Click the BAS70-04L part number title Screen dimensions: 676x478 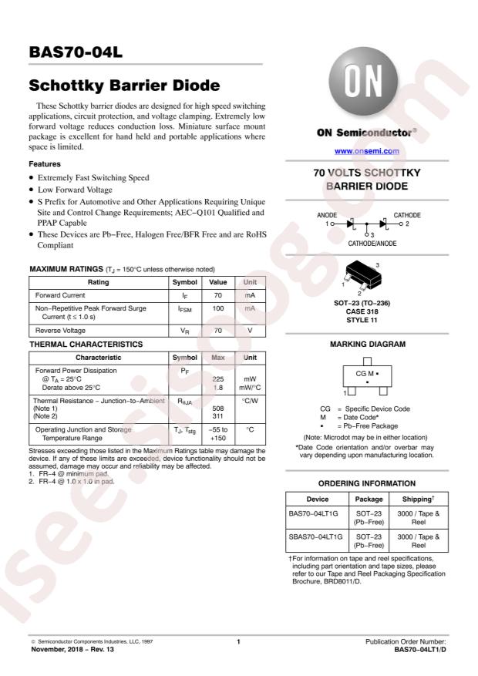click(x=76, y=52)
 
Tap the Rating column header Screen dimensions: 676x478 click(x=98, y=282)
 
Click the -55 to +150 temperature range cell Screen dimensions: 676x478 click(x=217, y=433)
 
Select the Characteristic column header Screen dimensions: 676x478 click(x=98, y=358)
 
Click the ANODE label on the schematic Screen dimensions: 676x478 click(x=328, y=215)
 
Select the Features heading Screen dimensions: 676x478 click(x=45, y=164)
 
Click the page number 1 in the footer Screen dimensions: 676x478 click(x=238, y=641)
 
